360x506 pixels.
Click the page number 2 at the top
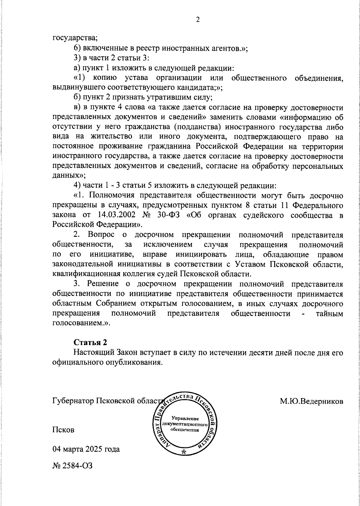pyautogui.click(x=197, y=20)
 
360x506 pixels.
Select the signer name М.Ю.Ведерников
pyautogui.click(x=312, y=401)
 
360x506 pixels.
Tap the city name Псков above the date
pyautogui.click(x=63, y=430)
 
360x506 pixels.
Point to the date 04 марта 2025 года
pyautogui.click(x=86, y=449)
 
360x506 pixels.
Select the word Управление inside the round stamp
pyautogui.click(x=185, y=418)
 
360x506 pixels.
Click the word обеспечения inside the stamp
pyautogui.click(x=185, y=429)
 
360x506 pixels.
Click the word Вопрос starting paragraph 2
pyautogui.click(x=102, y=235)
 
